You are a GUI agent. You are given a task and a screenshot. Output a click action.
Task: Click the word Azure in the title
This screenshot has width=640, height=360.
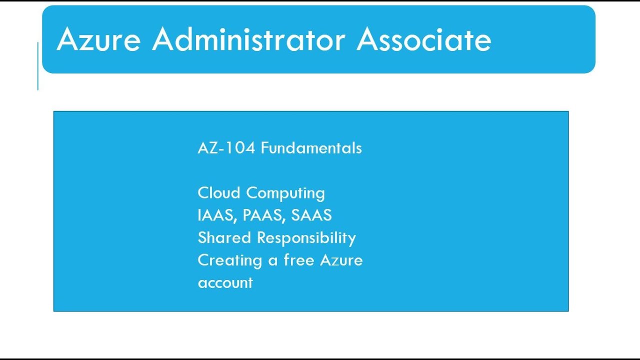pos(98,39)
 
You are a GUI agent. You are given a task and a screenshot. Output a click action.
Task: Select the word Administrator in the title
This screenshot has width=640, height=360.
pos(248,39)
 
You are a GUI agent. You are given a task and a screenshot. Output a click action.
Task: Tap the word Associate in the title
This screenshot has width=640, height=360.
pos(424,39)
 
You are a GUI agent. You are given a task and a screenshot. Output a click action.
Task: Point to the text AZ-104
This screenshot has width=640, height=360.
pos(226,148)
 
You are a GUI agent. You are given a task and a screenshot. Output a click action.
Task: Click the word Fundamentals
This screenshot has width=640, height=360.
pos(311,148)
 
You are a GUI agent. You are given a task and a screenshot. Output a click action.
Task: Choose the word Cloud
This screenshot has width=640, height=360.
pos(219,193)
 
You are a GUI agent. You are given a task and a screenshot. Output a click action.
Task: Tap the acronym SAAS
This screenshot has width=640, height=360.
pos(311,215)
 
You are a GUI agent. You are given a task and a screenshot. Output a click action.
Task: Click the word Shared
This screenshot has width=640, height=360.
pos(225,237)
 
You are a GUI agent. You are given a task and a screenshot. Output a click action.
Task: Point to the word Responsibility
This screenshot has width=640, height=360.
pos(306,238)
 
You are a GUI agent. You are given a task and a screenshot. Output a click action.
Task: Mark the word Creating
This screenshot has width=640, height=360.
pos(230,260)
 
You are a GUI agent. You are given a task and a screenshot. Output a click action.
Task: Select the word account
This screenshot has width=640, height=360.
pos(225,283)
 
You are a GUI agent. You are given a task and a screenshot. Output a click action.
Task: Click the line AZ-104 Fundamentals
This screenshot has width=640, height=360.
pos(279,148)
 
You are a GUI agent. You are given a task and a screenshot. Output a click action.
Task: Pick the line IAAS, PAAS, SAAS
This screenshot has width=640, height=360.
pos(264,215)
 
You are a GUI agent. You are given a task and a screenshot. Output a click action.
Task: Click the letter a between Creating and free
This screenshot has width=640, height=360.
pos(272,261)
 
